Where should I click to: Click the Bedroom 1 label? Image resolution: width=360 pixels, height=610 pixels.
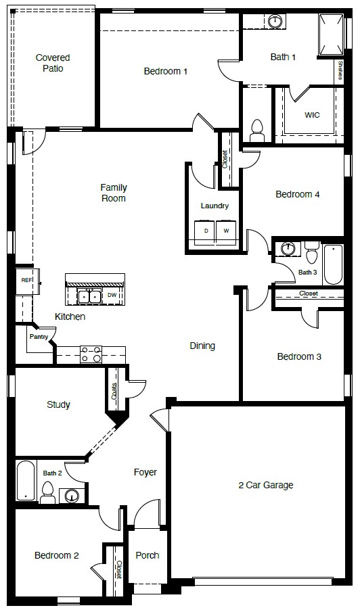click(165, 71)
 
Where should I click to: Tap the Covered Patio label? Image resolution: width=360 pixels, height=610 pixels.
click(53, 63)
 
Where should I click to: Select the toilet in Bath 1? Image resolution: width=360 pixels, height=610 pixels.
click(256, 127)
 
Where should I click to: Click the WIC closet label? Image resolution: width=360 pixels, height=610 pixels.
click(312, 115)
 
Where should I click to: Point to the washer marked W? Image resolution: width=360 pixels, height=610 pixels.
click(227, 231)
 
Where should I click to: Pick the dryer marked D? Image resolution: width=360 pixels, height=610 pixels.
click(206, 231)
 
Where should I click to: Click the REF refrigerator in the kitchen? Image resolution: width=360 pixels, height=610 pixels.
click(26, 280)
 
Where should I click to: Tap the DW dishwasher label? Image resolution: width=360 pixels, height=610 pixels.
click(112, 296)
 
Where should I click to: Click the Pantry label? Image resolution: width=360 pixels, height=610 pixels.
click(38, 336)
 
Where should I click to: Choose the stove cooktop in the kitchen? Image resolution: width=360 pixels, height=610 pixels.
click(91, 352)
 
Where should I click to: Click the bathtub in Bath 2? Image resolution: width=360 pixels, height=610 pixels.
click(25, 482)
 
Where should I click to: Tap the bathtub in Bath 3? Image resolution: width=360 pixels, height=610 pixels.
click(333, 265)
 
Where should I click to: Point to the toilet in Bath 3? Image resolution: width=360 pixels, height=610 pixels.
click(311, 253)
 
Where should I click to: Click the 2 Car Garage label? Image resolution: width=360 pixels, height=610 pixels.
click(266, 485)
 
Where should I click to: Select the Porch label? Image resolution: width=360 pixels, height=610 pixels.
click(148, 555)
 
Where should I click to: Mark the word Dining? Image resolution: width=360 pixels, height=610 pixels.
click(202, 346)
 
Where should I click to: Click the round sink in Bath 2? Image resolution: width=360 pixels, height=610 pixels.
click(71, 496)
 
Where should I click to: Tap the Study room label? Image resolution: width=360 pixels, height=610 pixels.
click(58, 404)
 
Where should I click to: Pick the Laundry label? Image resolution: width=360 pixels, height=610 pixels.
click(215, 206)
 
